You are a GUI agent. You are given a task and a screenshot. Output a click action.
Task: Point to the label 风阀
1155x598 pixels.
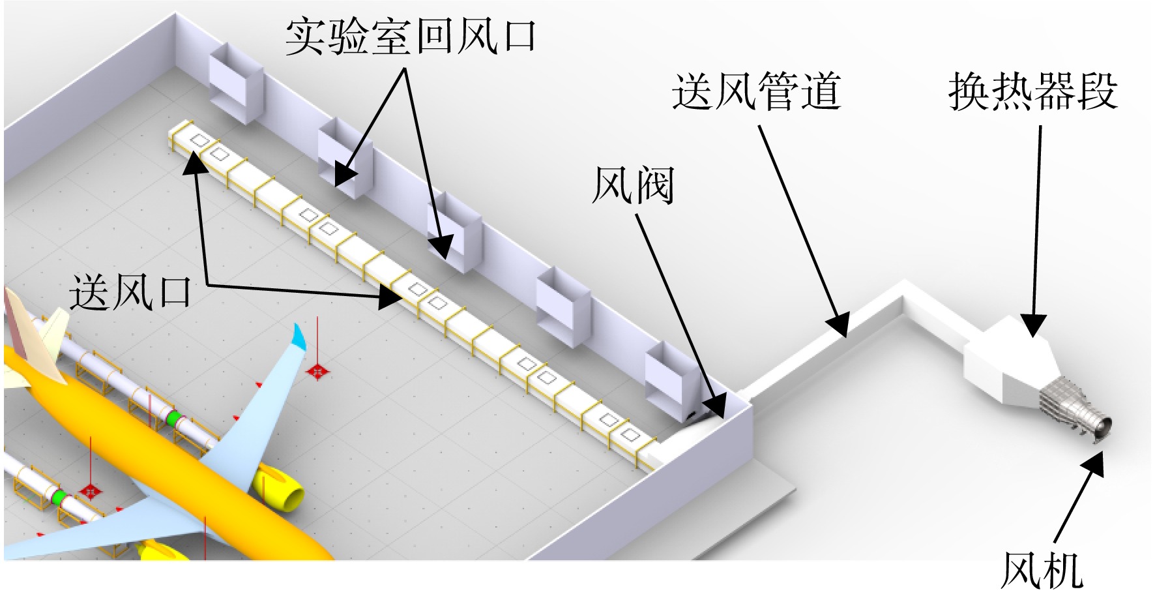click(633, 185)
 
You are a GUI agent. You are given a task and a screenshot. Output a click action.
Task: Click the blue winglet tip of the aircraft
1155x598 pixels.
click(299, 336)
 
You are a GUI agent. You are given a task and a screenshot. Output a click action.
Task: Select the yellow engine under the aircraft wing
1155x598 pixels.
click(279, 488)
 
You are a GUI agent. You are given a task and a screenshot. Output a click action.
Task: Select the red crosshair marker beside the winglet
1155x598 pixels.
click(317, 372)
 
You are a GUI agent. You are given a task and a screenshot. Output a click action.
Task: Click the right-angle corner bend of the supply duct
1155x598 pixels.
click(905, 291)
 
